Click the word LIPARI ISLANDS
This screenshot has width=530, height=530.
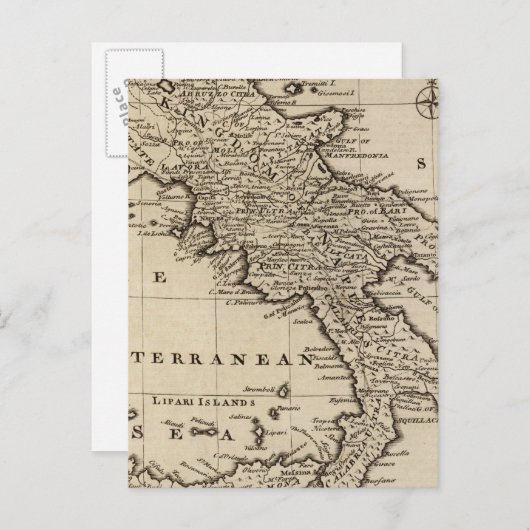click(x=190, y=402)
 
